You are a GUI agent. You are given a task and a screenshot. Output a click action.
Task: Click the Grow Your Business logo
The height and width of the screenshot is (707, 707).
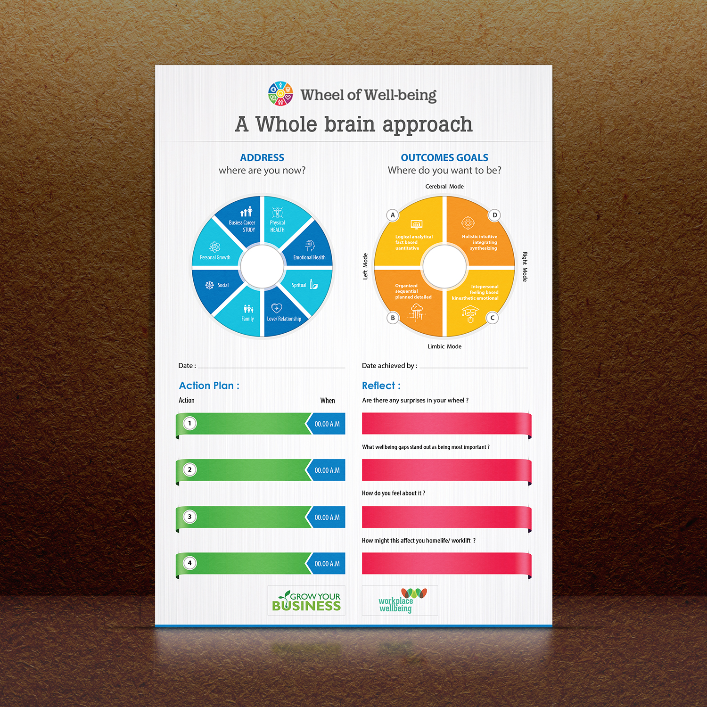click(x=306, y=601)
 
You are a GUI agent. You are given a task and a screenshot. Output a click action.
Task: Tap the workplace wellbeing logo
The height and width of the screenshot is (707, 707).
click(x=400, y=601)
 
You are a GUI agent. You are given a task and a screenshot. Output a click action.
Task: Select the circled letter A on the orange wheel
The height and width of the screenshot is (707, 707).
click(x=393, y=215)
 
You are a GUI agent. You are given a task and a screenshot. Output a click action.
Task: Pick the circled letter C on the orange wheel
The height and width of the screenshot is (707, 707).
click(x=493, y=318)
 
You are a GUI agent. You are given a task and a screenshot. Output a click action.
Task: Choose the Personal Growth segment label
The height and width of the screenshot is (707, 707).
click(x=215, y=257)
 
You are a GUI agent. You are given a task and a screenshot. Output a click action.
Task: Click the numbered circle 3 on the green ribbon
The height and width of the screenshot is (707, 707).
click(x=190, y=517)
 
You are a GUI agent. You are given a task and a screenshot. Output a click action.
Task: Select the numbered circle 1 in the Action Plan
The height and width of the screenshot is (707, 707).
click(x=190, y=423)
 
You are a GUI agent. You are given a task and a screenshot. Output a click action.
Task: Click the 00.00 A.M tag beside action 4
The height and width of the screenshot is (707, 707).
click(x=327, y=564)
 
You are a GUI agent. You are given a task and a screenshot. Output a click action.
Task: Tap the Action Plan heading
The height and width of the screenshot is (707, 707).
click(x=209, y=386)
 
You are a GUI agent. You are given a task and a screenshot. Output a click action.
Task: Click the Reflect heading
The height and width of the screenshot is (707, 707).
click(x=381, y=386)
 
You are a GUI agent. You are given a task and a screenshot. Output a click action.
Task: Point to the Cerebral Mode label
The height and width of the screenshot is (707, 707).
click(x=444, y=187)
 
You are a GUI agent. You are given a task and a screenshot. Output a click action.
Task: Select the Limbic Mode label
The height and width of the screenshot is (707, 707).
click(x=444, y=346)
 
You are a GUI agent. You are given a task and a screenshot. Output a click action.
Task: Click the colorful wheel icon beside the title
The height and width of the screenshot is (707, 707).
click(x=280, y=93)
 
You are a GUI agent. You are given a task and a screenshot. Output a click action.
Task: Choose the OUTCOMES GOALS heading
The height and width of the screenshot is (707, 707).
click(x=444, y=157)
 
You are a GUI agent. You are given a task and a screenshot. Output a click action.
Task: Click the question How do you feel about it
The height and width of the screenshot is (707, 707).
click(x=394, y=493)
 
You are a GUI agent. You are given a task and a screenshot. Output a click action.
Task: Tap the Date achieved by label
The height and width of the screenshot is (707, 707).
click(x=389, y=366)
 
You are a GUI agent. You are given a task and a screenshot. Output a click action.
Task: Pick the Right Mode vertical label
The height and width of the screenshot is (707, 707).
click(x=525, y=267)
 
